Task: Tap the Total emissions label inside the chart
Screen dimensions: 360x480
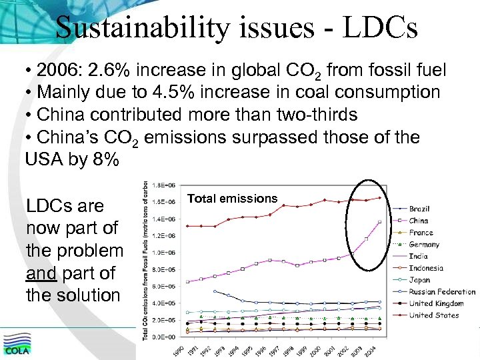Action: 232,198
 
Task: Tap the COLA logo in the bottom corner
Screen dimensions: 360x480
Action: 18,345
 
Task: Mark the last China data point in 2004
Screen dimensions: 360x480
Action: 379,222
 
